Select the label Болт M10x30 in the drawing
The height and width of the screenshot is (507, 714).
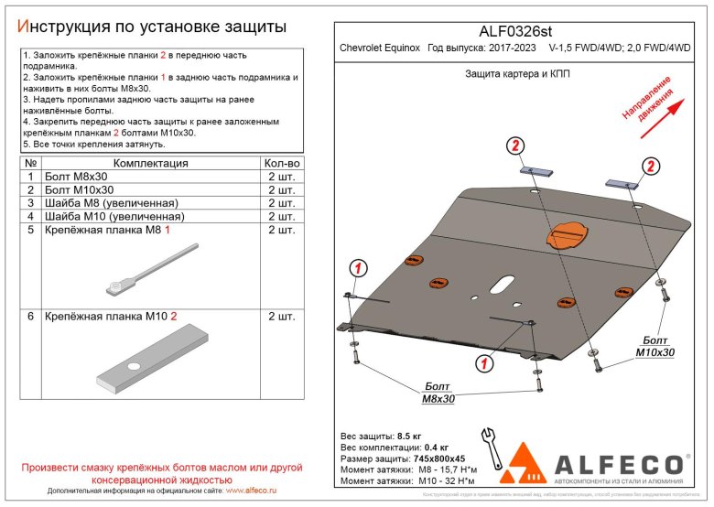tap(654, 346)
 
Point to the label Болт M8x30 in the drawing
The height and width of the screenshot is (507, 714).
tap(438, 393)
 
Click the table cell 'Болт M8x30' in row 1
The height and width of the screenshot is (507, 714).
tap(74, 177)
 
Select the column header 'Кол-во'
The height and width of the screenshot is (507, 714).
tap(281, 163)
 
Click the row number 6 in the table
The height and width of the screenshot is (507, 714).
tap(31, 317)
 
